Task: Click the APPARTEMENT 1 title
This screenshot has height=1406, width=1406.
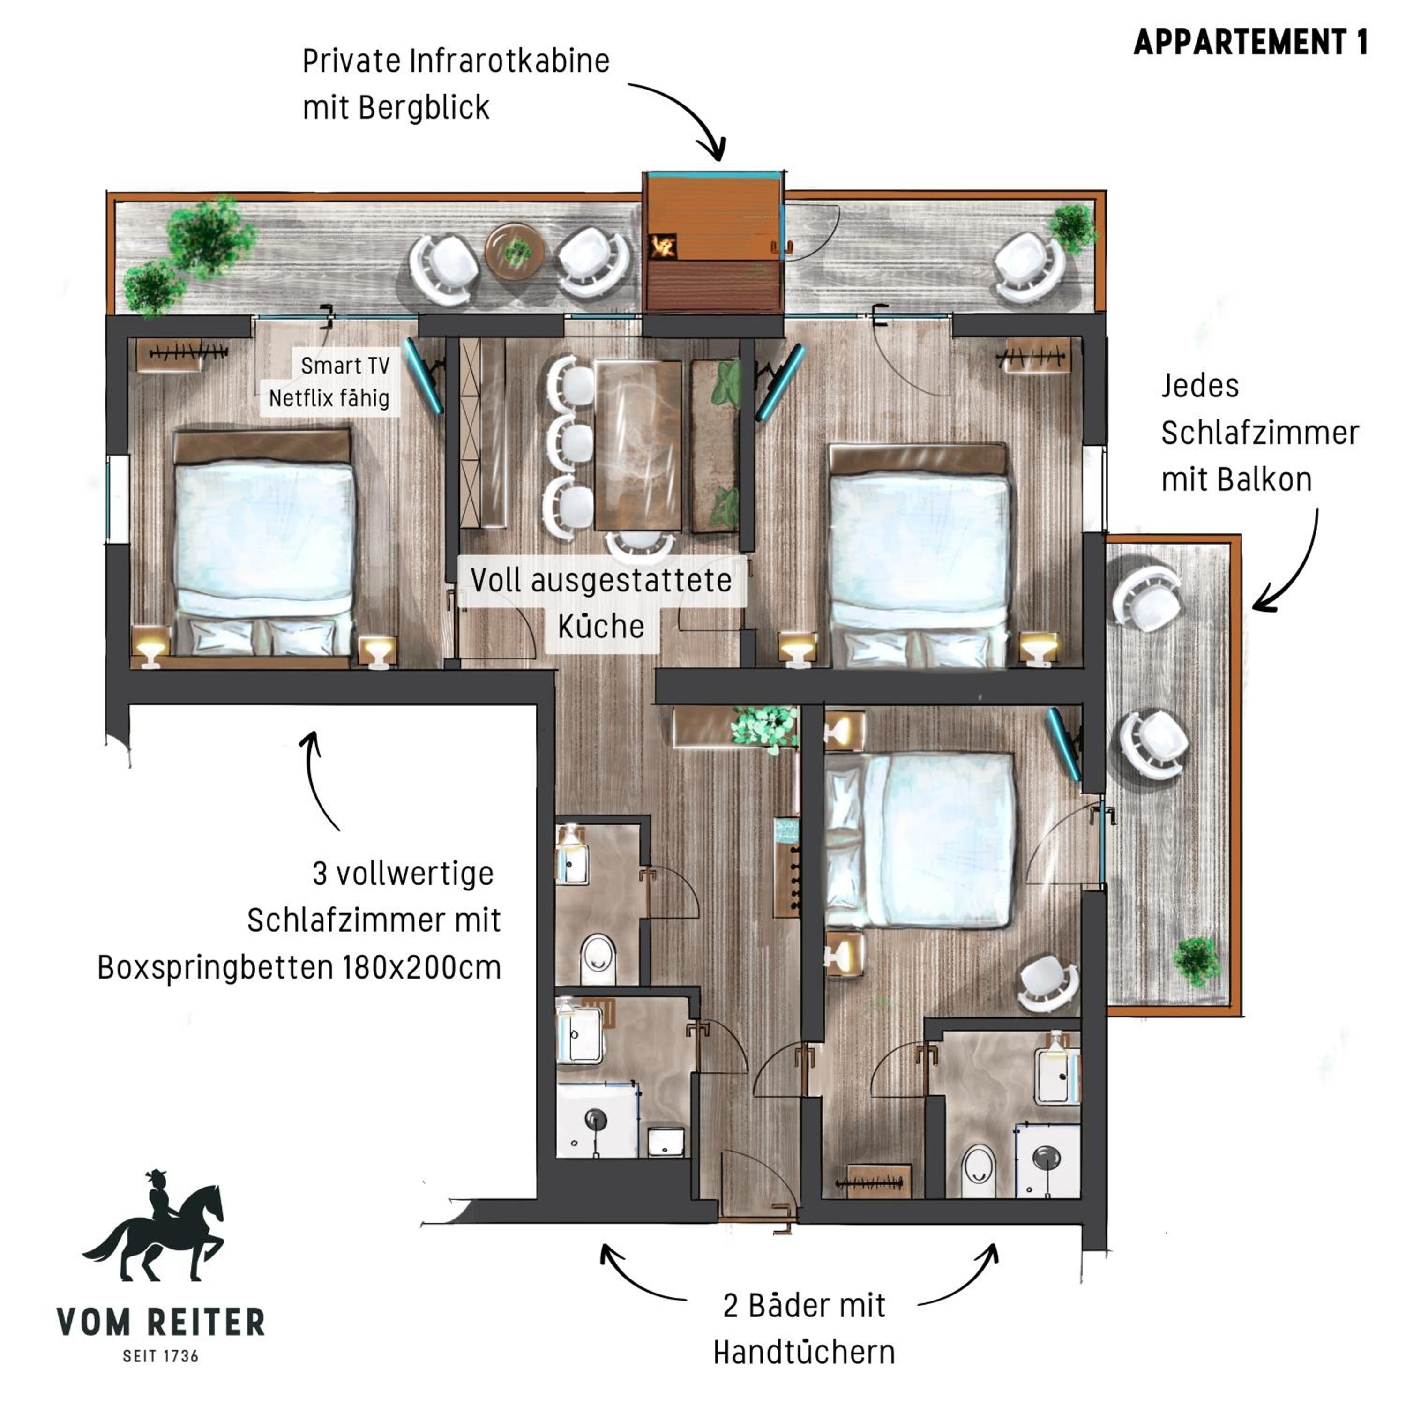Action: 1250,42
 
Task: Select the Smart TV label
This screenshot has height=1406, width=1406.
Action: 345,366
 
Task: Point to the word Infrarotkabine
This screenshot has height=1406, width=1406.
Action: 509,61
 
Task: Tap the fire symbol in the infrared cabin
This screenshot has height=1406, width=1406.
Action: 662,246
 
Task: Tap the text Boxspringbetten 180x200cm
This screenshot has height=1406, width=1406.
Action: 299,968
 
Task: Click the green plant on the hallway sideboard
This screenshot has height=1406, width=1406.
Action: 763,728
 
